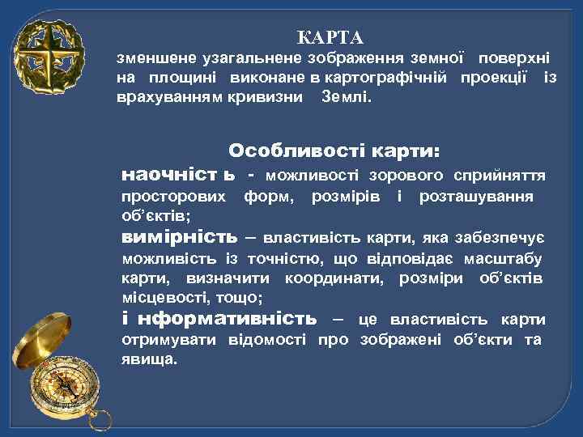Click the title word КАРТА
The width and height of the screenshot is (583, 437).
click(330, 38)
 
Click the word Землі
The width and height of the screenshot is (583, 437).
click(345, 97)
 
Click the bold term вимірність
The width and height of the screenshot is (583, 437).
click(179, 237)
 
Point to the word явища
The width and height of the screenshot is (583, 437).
click(147, 358)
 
